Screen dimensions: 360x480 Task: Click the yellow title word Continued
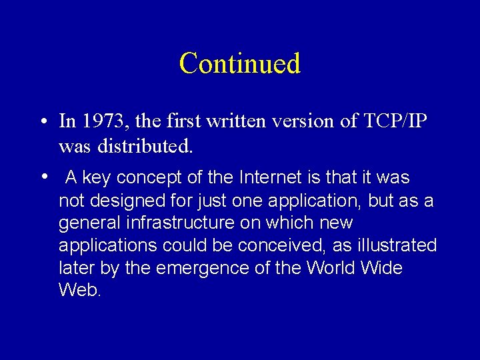(240, 63)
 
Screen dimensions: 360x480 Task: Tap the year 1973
(101, 121)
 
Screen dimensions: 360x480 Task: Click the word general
(89, 223)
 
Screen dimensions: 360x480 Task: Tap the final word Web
(79, 291)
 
